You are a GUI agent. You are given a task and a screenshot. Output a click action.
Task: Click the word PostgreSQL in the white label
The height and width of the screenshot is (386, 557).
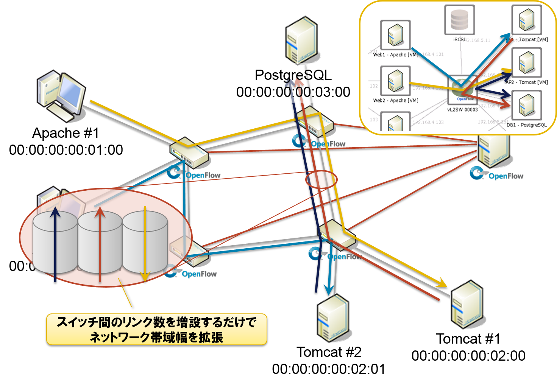tap(293, 75)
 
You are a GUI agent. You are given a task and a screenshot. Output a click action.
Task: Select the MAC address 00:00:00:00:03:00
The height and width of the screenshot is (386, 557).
tap(293, 92)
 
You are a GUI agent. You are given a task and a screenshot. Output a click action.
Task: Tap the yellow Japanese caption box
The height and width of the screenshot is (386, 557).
tap(156, 329)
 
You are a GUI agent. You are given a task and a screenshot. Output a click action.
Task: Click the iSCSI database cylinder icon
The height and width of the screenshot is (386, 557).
tap(459, 20)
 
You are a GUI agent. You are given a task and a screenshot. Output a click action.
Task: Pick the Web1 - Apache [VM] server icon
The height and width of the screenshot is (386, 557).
tap(395, 35)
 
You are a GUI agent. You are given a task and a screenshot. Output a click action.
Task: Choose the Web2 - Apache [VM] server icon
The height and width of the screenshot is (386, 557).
tap(395, 81)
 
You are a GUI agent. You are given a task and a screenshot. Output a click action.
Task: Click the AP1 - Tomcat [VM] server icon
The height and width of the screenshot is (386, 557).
tap(526, 20)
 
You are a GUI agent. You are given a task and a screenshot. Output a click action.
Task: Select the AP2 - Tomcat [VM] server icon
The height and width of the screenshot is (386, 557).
tap(526, 62)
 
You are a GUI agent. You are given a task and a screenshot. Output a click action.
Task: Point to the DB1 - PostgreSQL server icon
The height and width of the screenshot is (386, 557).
tap(526, 105)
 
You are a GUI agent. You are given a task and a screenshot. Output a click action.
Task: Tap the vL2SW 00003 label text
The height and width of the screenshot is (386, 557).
tap(462, 110)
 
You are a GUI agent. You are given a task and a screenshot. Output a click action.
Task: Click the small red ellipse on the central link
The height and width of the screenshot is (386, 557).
tap(321, 179)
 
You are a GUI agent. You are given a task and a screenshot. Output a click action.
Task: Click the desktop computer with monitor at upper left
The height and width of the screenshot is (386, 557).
tap(62, 95)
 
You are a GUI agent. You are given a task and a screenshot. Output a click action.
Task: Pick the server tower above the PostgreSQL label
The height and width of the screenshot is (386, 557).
tap(302, 40)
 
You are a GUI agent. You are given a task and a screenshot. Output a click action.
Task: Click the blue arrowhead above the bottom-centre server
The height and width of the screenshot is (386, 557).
tap(329, 289)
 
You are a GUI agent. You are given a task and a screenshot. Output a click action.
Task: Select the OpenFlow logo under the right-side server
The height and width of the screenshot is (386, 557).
tap(496, 174)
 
